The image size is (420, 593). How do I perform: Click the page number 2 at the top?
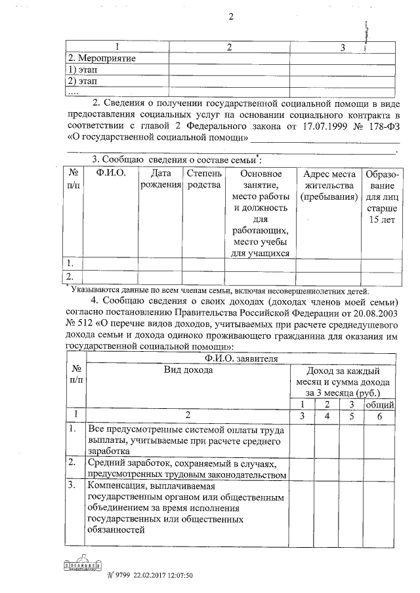(231, 16)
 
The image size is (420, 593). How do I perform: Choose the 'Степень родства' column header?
(204, 180)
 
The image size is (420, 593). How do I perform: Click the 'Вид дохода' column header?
(188, 370)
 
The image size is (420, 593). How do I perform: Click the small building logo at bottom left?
(80, 564)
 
